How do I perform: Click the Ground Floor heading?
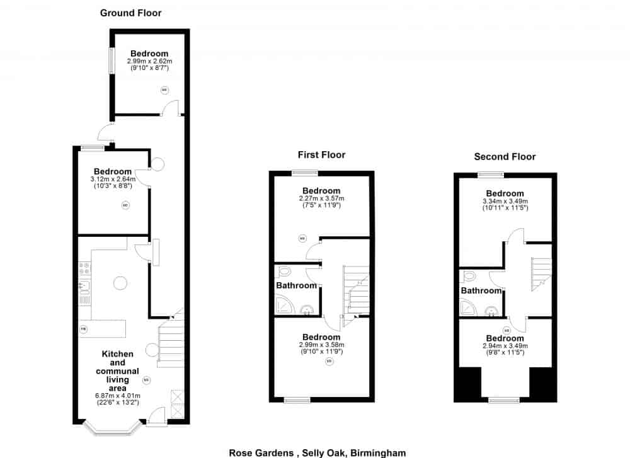click(131, 13)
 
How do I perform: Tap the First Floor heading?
click(321, 154)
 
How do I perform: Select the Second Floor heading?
click(505, 157)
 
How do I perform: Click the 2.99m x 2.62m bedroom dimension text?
click(149, 61)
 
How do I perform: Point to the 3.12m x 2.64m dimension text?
click(113, 179)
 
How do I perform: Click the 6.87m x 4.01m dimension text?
click(117, 396)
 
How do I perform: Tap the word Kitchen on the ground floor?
click(118, 354)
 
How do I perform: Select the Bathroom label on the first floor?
click(296, 285)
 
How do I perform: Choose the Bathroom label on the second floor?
click(481, 290)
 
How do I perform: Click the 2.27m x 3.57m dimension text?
click(321, 198)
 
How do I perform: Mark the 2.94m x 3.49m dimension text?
click(505, 346)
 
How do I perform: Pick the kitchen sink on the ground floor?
click(84, 287)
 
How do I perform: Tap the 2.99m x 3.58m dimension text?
click(321, 345)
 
